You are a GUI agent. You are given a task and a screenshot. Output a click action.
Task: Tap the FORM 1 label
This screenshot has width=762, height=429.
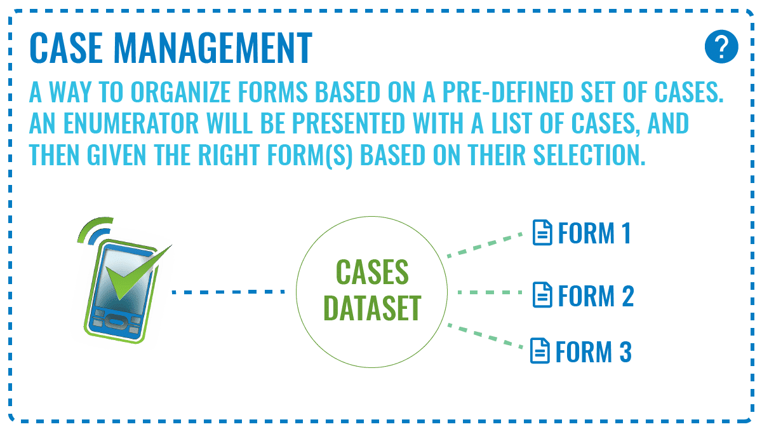[594, 233]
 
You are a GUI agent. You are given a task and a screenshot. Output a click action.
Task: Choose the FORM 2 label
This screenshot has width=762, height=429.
[595, 296]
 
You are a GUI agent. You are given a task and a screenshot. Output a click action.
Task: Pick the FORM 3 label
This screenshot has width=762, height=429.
[592, 351]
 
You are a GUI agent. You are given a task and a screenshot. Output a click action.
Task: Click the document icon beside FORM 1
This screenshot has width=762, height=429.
[541, 233]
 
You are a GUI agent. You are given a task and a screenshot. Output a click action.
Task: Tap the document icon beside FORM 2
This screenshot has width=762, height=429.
[541, 296]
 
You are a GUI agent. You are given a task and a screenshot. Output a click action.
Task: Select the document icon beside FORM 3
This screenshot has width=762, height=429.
[539, 351]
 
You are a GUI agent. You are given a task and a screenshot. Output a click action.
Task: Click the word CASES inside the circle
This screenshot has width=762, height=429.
[372, 274]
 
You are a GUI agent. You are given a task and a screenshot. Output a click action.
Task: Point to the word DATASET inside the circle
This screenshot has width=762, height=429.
[372, 308]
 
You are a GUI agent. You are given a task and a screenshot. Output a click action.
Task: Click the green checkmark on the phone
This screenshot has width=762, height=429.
[133, 274]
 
